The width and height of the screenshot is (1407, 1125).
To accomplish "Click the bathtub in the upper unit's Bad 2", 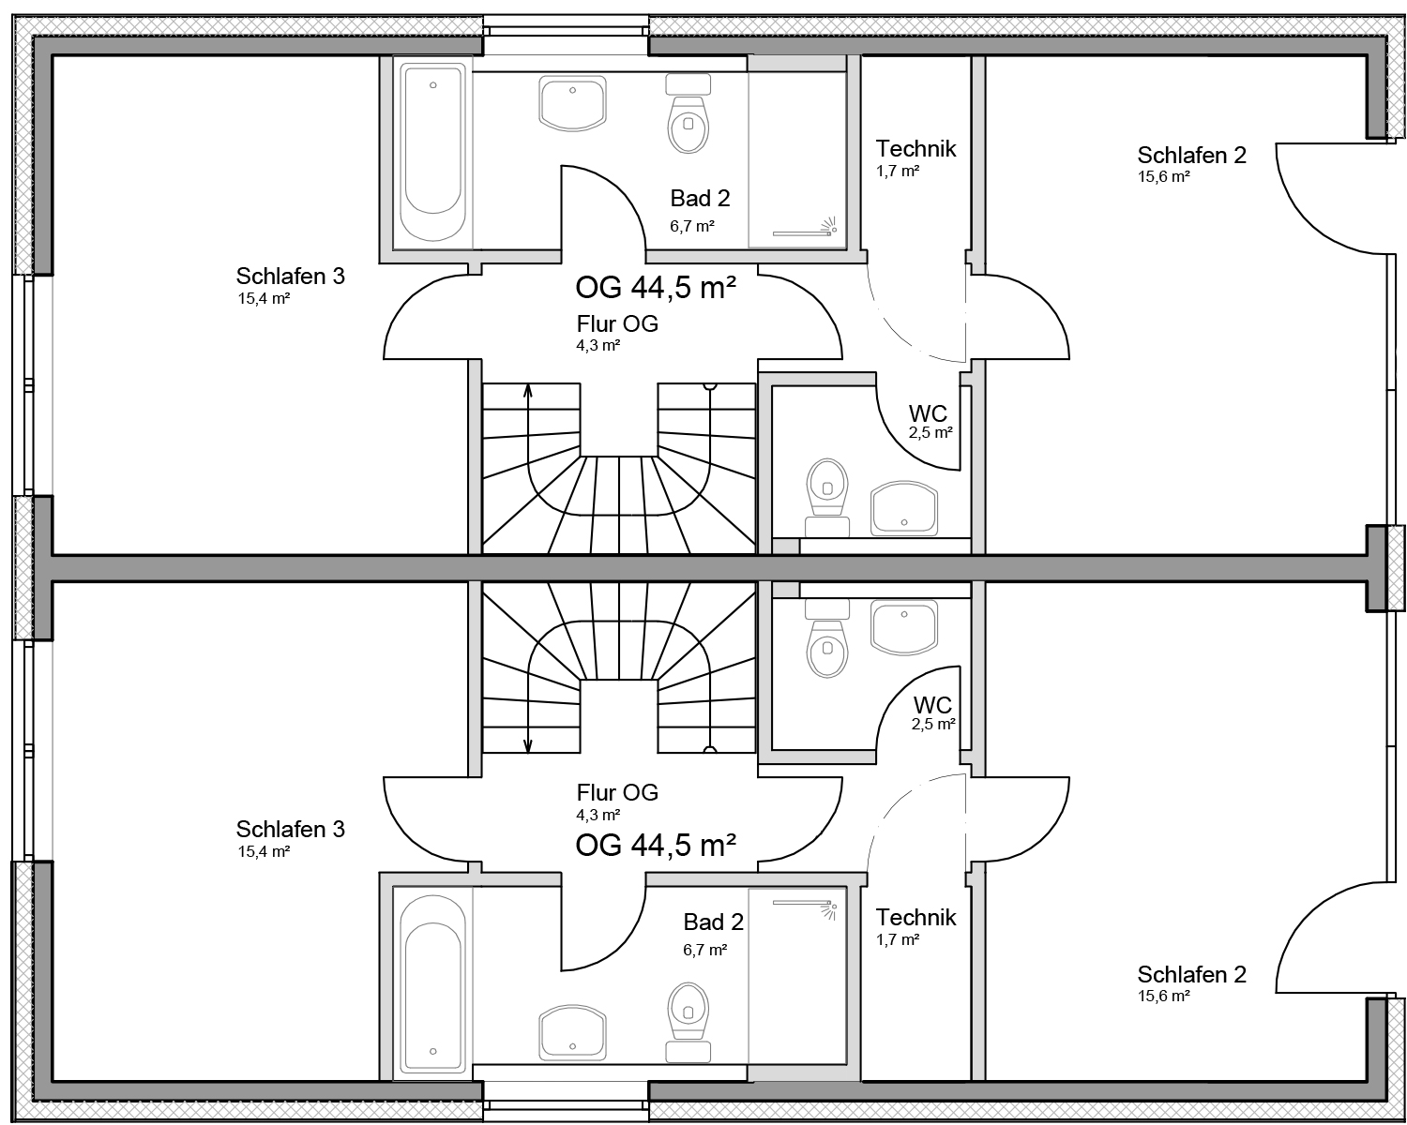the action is pyautogui.click(x=432, y=152).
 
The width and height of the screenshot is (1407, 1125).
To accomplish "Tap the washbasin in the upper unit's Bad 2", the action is pyautogui.click(x=573, y=103).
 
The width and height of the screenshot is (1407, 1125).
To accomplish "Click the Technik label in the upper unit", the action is pyautogui.click(x=915, y=148).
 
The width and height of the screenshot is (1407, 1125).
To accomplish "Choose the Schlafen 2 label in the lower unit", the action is pyautogui.click(x=1191, y=974).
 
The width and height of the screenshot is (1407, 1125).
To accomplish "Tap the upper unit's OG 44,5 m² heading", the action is pyautogui.click(x=656, y=287).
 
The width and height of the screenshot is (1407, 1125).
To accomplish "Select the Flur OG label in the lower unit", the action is pyautogui.click(x=617, y=792).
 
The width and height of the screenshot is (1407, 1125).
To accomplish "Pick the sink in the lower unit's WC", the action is pyautogui.click(x=904, y=627).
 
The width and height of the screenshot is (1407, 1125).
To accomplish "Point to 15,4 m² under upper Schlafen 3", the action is pyautogui.click(x=265, y=299).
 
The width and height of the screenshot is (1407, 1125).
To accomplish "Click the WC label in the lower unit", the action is pyautogui.click(x=932, y=705).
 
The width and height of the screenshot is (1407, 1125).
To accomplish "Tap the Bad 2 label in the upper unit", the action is pyautogui.click(x=701, y=198).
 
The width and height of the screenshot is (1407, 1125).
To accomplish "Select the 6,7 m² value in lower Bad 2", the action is pyautogui.click(x=705, y=950).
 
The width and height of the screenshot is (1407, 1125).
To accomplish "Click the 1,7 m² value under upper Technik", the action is pyautogui.click(x=898, y=172).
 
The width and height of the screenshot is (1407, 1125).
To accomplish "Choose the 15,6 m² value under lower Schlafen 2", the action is pyautogui.click(x=1163, y=997).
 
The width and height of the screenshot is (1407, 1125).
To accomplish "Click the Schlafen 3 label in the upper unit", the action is pyautogui.click(x=290, y=276).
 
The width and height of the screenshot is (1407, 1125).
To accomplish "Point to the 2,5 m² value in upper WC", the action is pyautogui.click(x=930, y=432).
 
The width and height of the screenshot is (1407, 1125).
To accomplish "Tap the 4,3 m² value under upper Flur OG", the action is pyautogui.click(x=598, y=346).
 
